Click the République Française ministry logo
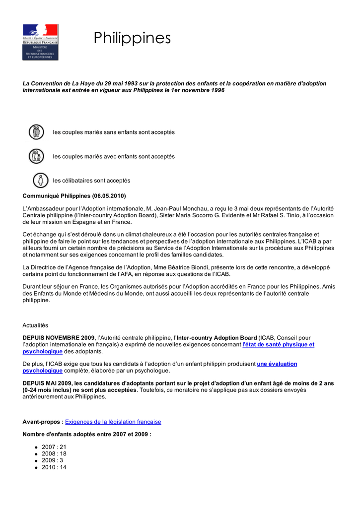click(40, 42)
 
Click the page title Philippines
click(132, 38)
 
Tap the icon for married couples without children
click(36, 132)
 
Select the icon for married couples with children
click(36, 156)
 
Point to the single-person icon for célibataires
click(40, 180)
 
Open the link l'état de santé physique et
click(278, 344)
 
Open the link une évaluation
click(277, 364)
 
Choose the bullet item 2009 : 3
click(52, 460)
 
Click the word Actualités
click(35, 325)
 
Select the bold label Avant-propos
click(43, 422)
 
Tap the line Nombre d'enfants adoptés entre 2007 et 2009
click(87, 434)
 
